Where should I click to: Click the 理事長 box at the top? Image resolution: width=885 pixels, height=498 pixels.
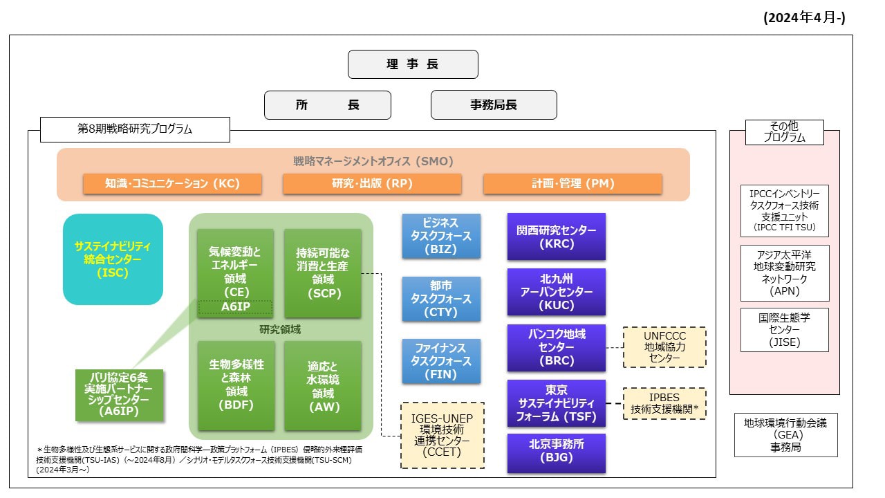pos(413,64)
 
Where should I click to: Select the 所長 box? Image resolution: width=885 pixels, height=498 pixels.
pos(328,105)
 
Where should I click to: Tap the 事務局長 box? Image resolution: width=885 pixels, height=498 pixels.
pos(494,105)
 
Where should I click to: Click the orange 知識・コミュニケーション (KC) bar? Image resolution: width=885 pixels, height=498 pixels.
pos(172,184)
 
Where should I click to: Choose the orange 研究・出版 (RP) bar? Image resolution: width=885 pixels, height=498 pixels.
pos(372,184)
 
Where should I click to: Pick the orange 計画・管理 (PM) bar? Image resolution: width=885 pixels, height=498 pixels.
pos(572,184)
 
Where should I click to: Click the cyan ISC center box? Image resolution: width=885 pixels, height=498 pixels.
pos(113,259)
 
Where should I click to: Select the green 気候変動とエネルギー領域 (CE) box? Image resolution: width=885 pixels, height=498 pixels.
pos(235,266)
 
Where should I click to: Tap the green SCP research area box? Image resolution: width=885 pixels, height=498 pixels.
pos(322,273)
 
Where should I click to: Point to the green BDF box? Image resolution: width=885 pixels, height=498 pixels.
pos(235,385)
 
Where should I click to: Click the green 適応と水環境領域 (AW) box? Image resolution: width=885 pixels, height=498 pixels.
pos(322,385)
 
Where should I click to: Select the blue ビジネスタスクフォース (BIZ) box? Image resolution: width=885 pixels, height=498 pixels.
pos(441,237)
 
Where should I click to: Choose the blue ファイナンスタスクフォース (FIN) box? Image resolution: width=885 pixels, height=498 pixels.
pos(441,361)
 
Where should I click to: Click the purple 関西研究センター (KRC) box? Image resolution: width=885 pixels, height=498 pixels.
pos(556,237)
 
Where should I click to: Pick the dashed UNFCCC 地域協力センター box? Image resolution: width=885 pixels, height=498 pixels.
pos(664,347)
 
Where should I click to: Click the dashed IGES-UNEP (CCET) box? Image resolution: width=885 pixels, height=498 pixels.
pos(442,435)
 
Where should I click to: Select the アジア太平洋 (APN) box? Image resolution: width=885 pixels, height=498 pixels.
pos(784,273)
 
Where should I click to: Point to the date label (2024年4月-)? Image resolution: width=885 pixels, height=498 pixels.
pos(804,19)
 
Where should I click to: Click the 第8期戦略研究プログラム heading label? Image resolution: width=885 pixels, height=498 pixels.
pos(135,129)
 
